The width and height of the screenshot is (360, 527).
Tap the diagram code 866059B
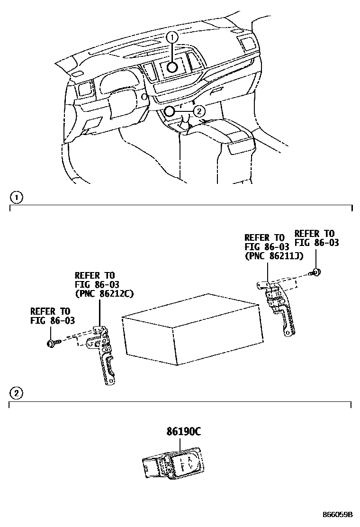pos(337,515)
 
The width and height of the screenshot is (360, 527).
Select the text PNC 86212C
pos(104,294)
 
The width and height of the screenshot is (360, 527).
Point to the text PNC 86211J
pos(274,256)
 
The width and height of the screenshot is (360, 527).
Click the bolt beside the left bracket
pos(51,343)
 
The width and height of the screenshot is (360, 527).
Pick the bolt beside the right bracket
pos(315,272)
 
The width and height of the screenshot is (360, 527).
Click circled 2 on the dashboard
pos(199,111)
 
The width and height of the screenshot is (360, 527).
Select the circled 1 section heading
pos(16,196)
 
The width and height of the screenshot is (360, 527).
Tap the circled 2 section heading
pos(16,393)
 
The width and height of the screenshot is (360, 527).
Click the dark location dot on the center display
pos(172,67)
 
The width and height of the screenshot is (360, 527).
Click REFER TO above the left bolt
pos(50,311)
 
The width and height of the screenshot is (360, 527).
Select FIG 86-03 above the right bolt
pos(317,243)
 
